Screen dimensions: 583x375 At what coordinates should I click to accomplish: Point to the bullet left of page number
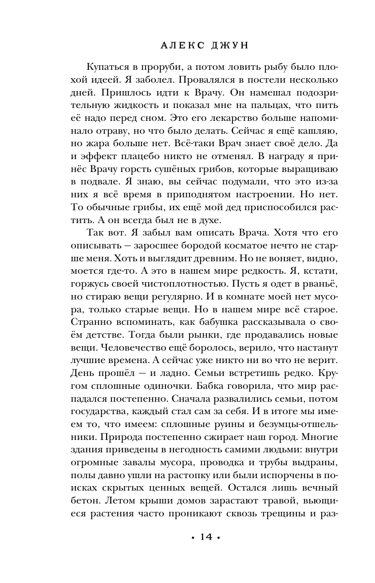pos(192,538)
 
